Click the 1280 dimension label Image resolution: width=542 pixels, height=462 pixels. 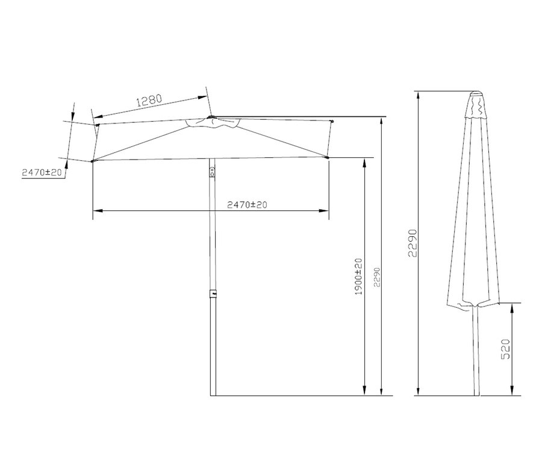click(149, 101)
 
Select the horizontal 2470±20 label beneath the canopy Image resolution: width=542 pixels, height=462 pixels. click(247, 205)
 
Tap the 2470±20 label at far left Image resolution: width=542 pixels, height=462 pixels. click(42, 172)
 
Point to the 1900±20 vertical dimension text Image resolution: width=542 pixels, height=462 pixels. click(358, 276)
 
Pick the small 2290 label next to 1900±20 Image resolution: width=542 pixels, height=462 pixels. click(377, 278)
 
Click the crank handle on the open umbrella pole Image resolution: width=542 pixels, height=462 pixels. click(211, 172)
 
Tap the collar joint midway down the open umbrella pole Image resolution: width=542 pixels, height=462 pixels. click(213, 293)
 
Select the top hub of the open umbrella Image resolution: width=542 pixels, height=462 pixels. click(210, 117)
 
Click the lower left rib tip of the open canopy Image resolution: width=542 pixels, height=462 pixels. click(93, 161)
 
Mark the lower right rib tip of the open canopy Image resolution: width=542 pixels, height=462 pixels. click(328, 158)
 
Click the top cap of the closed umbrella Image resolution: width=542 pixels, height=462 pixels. click(476, 95)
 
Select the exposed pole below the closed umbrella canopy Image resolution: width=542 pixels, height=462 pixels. click(476, 349)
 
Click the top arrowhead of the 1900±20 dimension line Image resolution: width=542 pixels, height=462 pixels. click(364, 162)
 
